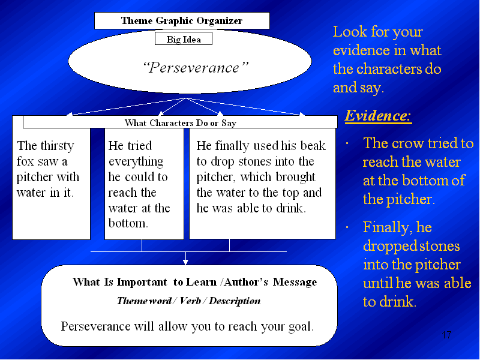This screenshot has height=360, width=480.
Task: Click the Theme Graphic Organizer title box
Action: (x=182, y=21)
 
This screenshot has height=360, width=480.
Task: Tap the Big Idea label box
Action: (x=184, y=39)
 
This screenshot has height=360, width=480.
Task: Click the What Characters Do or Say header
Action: (x=180, y=122)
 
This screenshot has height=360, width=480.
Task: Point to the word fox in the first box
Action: (x=25, y=161)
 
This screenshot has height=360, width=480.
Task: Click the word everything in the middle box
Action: (x=136, y=162)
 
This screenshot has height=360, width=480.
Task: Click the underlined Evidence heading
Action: (x=378, y=116)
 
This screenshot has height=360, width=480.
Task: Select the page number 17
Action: (x=446, y=335)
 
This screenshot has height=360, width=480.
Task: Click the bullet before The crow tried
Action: (x=347, y=143)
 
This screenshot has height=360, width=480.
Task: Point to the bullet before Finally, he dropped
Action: (x=347, y=227)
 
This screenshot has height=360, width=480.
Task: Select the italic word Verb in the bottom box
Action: (x=190, y=301)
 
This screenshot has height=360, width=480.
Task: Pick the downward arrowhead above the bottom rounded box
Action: (x=185, y=262)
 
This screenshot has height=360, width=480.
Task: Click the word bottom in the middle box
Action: (x=128, y=223)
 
